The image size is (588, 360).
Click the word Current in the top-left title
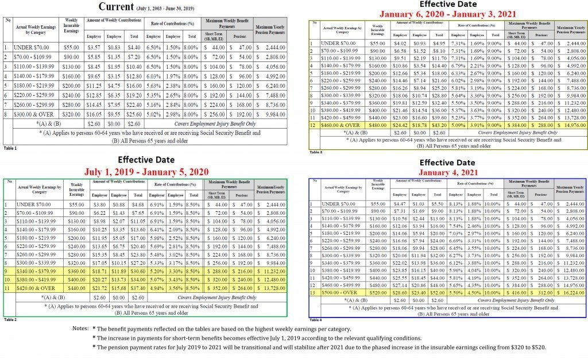click(x=116, y=7)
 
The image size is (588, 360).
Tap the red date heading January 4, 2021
click(x=447, y=172)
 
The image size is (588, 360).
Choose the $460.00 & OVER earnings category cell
click(x=343, y=125)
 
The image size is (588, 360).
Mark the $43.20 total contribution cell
click(x=439, y=125)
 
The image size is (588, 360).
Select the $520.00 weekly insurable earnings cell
click(x=377, y=292)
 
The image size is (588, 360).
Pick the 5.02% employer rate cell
click(x=153, y=114)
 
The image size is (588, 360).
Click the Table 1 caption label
click(x=10, y=148)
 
